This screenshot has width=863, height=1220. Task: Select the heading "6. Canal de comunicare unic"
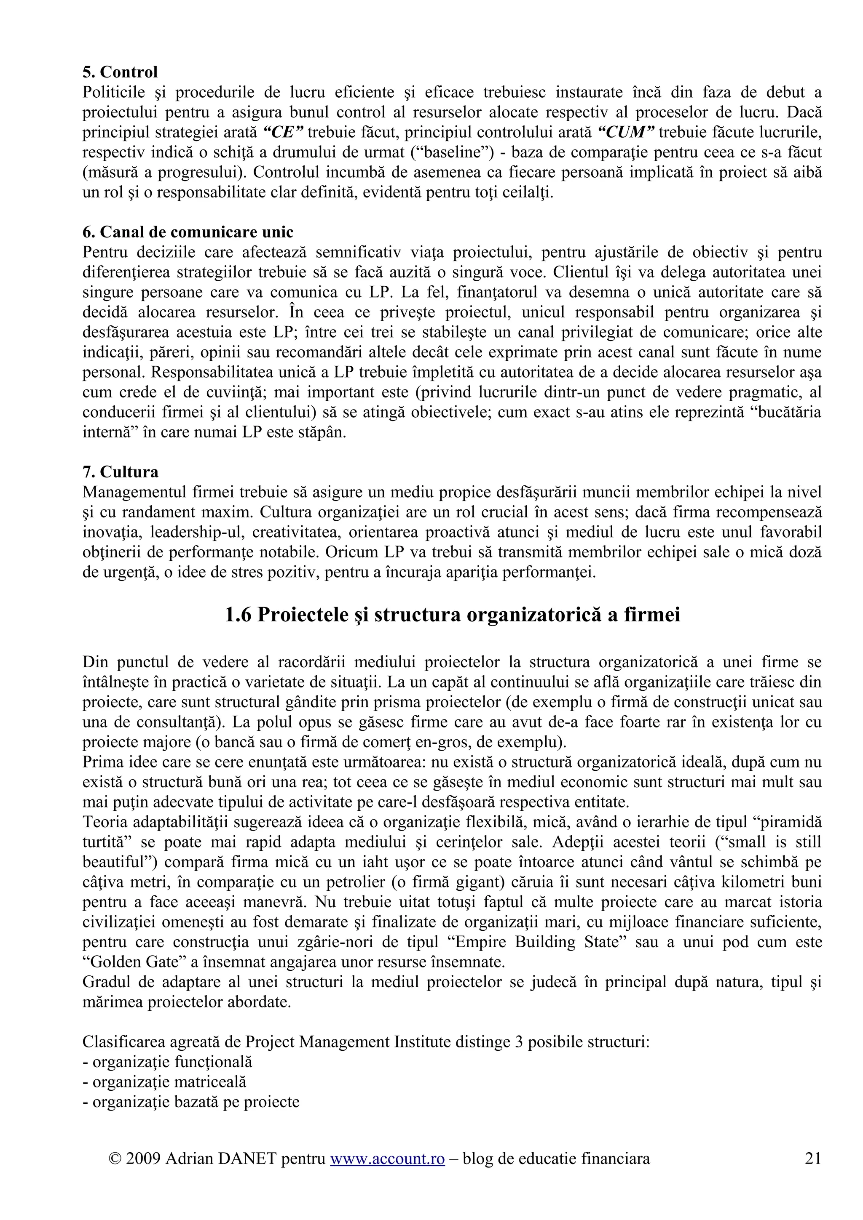click(188, 232)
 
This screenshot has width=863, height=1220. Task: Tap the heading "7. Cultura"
click(120, 472)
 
